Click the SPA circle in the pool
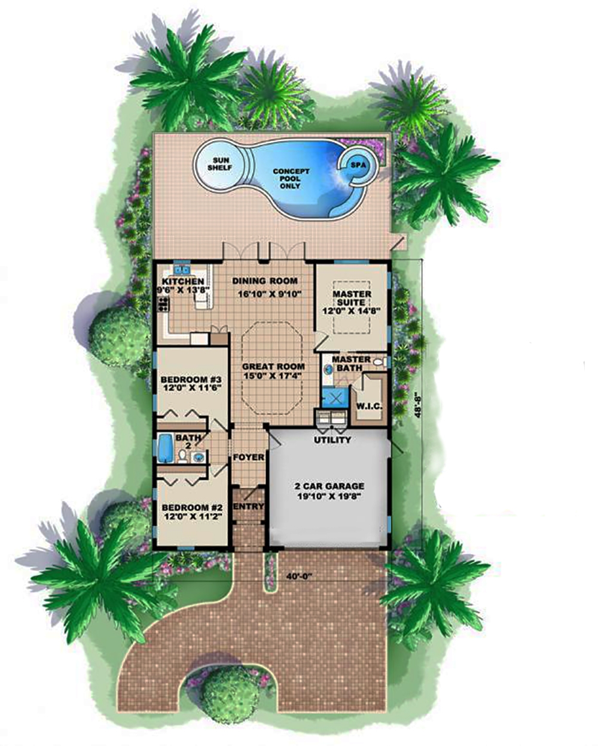tap(357, 164)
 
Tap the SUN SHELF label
tap(216, 163)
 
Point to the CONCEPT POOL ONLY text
tap(291, 179)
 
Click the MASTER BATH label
tap(351, 363)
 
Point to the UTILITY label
tap(332, 441)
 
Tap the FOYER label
tap(249, 457)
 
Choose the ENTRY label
tap(248, 506)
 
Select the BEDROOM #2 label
tap(191, 512)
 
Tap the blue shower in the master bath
tap(333, 398)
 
